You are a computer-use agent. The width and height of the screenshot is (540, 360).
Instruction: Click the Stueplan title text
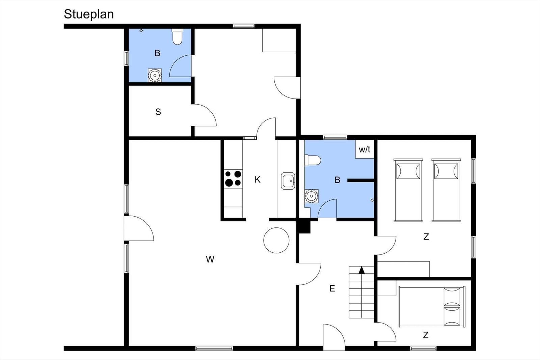tap(89, 14)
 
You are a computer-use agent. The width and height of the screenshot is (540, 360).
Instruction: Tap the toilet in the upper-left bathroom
tap(178, 37)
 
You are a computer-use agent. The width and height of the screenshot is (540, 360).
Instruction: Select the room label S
tap(158, 112)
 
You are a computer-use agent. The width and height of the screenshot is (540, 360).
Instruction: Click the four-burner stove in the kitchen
tap(233, 178)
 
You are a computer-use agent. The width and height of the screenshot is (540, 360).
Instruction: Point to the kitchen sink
tap(288, 181)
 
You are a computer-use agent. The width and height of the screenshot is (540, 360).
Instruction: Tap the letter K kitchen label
tap(258, 179)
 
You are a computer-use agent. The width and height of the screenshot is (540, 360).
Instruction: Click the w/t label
tap(364, 149)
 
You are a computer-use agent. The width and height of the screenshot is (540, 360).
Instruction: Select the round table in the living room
tap(276, 240)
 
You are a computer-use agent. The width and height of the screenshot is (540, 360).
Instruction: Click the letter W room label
tap(210, 259)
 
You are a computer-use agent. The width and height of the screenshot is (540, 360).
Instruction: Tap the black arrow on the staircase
tap(362, 270)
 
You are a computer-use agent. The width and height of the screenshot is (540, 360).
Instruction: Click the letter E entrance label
tap(332, 288)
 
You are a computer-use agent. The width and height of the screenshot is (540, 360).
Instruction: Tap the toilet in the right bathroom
tap(313, 160)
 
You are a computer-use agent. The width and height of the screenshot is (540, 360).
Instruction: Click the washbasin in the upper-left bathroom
tap(155, 76)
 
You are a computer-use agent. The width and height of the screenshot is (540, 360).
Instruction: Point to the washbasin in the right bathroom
tap(311, 196)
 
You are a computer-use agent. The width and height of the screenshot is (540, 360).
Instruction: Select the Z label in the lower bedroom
tap(426, 335)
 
